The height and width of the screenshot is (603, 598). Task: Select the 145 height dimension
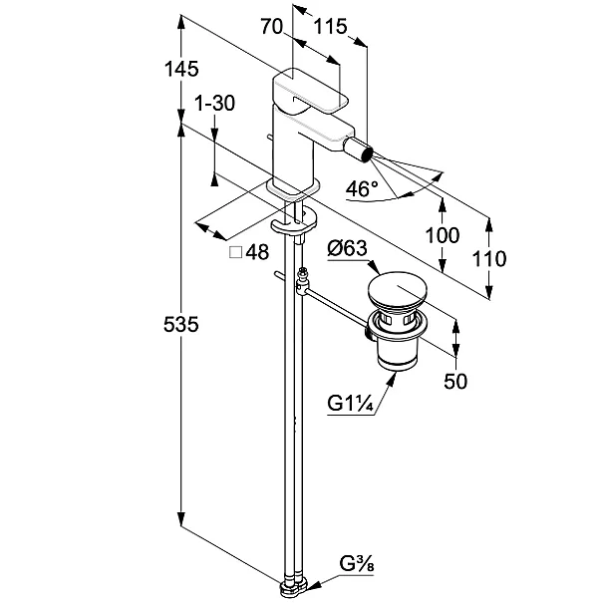pyautogui.click(x=182, y=69)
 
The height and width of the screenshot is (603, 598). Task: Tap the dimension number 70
pyautogui.click(x=270, y=28)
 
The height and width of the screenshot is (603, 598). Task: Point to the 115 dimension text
pyautogui.click(x=329, y=28)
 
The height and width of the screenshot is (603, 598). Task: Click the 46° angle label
pyautogui.click(x=362, y=188)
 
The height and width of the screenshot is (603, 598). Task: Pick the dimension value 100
pyautogui.click(x=442, y=235)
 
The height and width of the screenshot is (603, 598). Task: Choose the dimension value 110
pyautogui.click(x=489, y=259)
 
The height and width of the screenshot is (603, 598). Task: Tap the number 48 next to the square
pyautogui.click(x=257, y=253)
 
